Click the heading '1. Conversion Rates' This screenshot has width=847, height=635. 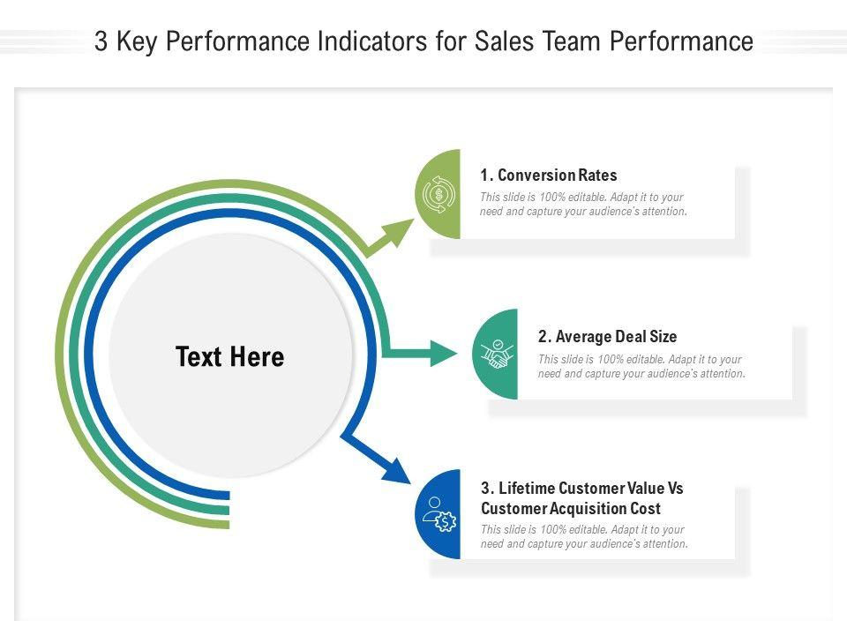point(548,176)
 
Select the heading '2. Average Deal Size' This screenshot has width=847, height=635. point(607,337)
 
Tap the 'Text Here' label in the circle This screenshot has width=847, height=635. point(229,357)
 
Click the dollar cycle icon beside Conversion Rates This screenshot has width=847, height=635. point(438,194)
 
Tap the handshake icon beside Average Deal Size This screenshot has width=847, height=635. point(497,355)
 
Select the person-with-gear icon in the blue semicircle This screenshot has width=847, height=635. point(438,514)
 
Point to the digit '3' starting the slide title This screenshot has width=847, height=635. point(101,42)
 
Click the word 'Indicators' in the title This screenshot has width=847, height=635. point(385,42)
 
